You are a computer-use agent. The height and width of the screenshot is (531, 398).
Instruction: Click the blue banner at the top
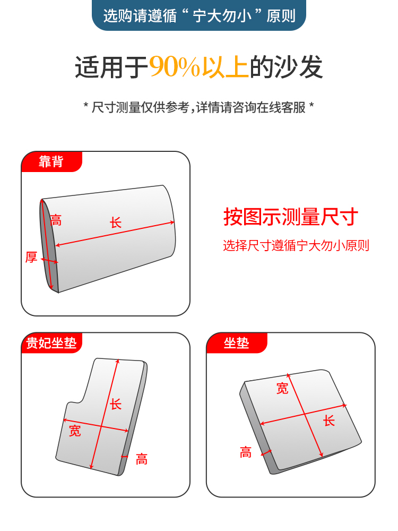199,15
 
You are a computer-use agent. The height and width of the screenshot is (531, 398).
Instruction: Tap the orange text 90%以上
199,67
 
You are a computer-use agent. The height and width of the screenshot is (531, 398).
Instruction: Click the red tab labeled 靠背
51,161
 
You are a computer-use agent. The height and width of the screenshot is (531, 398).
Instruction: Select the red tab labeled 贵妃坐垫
51,342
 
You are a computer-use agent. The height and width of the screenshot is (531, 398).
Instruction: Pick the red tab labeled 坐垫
237,342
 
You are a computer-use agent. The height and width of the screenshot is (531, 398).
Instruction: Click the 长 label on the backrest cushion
116,223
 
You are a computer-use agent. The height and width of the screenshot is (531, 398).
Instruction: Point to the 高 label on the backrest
56,220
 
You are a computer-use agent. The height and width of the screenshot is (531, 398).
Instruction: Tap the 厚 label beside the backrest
31,257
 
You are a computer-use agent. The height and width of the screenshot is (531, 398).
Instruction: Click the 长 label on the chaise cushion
116,404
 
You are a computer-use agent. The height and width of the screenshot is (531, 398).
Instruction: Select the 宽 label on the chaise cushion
75,431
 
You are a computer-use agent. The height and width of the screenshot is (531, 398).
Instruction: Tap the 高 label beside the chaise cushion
142,459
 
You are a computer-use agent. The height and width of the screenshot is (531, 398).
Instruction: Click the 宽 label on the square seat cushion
282,389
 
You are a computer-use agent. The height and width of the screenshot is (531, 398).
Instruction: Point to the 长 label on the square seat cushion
328,421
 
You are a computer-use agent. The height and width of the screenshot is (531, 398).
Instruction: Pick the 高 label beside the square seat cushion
246,452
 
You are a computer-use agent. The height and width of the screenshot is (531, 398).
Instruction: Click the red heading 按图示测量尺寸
290,217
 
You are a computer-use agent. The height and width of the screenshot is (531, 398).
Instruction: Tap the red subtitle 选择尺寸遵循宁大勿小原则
296,245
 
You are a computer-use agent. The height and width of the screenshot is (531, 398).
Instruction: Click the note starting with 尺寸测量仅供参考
198,107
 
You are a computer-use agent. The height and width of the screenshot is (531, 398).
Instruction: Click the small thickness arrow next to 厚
49,261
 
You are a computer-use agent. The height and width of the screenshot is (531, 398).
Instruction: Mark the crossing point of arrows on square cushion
305,414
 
